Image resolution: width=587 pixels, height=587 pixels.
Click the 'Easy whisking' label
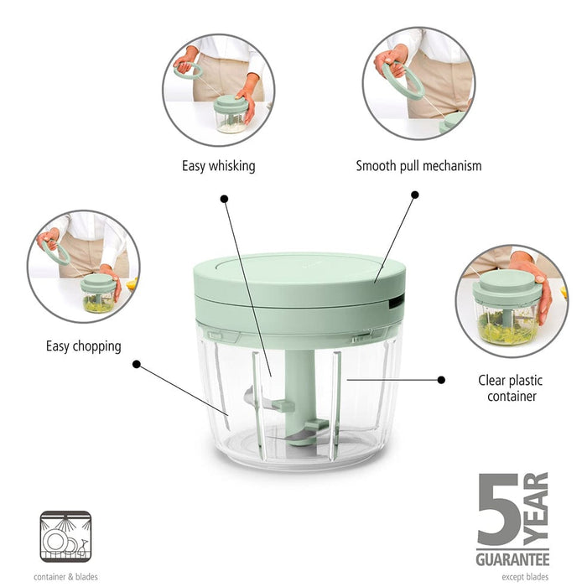click(218, 166)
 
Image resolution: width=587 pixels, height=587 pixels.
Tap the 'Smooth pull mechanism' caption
click(418, 166)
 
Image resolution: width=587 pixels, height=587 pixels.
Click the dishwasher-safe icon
click(64, 537)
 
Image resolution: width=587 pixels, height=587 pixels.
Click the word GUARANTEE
click(512, 558)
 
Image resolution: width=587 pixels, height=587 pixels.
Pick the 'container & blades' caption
click(65, 577)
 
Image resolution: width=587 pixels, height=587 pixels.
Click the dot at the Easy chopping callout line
click(137, 365)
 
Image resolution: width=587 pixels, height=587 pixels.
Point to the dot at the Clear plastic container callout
click(441, 380)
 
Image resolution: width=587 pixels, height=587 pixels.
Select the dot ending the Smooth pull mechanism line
click(414, 195)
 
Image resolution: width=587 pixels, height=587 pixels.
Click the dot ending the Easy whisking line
click(224, 199)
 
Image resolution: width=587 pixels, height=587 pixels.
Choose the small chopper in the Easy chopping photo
click(98, 293)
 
